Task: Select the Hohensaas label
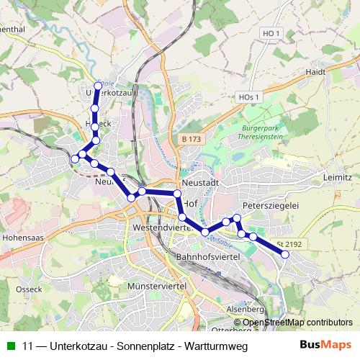[24, 235]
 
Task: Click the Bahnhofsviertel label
[207, 256]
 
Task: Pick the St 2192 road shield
[288, 245]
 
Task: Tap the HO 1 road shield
[271, 33]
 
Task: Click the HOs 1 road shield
[248, 96]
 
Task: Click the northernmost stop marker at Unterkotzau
[98, 85]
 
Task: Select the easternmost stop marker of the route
[286, 254]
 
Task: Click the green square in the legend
[10, 343]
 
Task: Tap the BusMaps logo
[326, 343]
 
